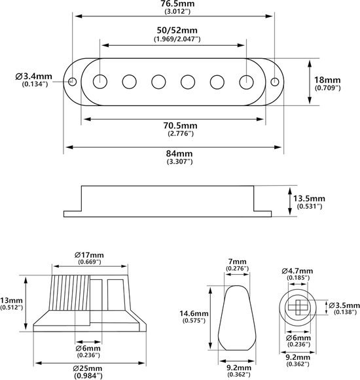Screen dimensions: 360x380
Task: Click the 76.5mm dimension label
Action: pyautogui.click(x=177, y=4)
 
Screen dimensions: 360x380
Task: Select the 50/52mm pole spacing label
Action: pyautogui.click(x=177, y=31)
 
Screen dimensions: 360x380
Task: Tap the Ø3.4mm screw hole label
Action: pyautogui.click(x=34, y=77)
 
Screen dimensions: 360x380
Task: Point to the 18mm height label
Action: pyautogui.click(x=327, y=80)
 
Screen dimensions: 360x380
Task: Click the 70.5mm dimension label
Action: pyautogui.click(x=180, y=126)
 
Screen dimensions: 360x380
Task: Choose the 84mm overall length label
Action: pyautogui.click(x=179, y=154)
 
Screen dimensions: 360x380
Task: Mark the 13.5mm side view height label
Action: pyautogui.click(x=309, y=198)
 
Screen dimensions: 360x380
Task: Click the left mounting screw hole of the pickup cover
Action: pyautogui.click(x=72, y=81)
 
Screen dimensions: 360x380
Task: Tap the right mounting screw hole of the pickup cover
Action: pyautogui.click(x=275, y=82)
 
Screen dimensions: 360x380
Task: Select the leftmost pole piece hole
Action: pyautogui.click(x=100, y=82)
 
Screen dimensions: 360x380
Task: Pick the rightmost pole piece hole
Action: pyautogui.click(x=247, y=82)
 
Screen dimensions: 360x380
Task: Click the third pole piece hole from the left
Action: pyautogui.click(x=158, y=82)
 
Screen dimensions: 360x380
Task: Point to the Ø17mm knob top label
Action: pyautogui.click(x=89, y=255)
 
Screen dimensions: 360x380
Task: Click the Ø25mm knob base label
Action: pyautogui.click(x=88, y=369)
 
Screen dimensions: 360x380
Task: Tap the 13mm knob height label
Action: pyautogui.click(x=11, y=300)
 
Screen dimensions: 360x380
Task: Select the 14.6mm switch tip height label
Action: pyautogui.click(x=194, y=313)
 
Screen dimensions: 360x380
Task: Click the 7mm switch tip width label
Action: pyautogui.click(x=237, y=262)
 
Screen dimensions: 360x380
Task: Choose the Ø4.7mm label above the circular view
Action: pyautogui.click(x=297, y=271)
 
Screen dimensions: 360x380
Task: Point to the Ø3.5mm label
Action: pyautogui.click(x=344, y=305)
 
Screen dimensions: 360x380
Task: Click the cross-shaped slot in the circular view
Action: pyautogui.click(x=298, y=307)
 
